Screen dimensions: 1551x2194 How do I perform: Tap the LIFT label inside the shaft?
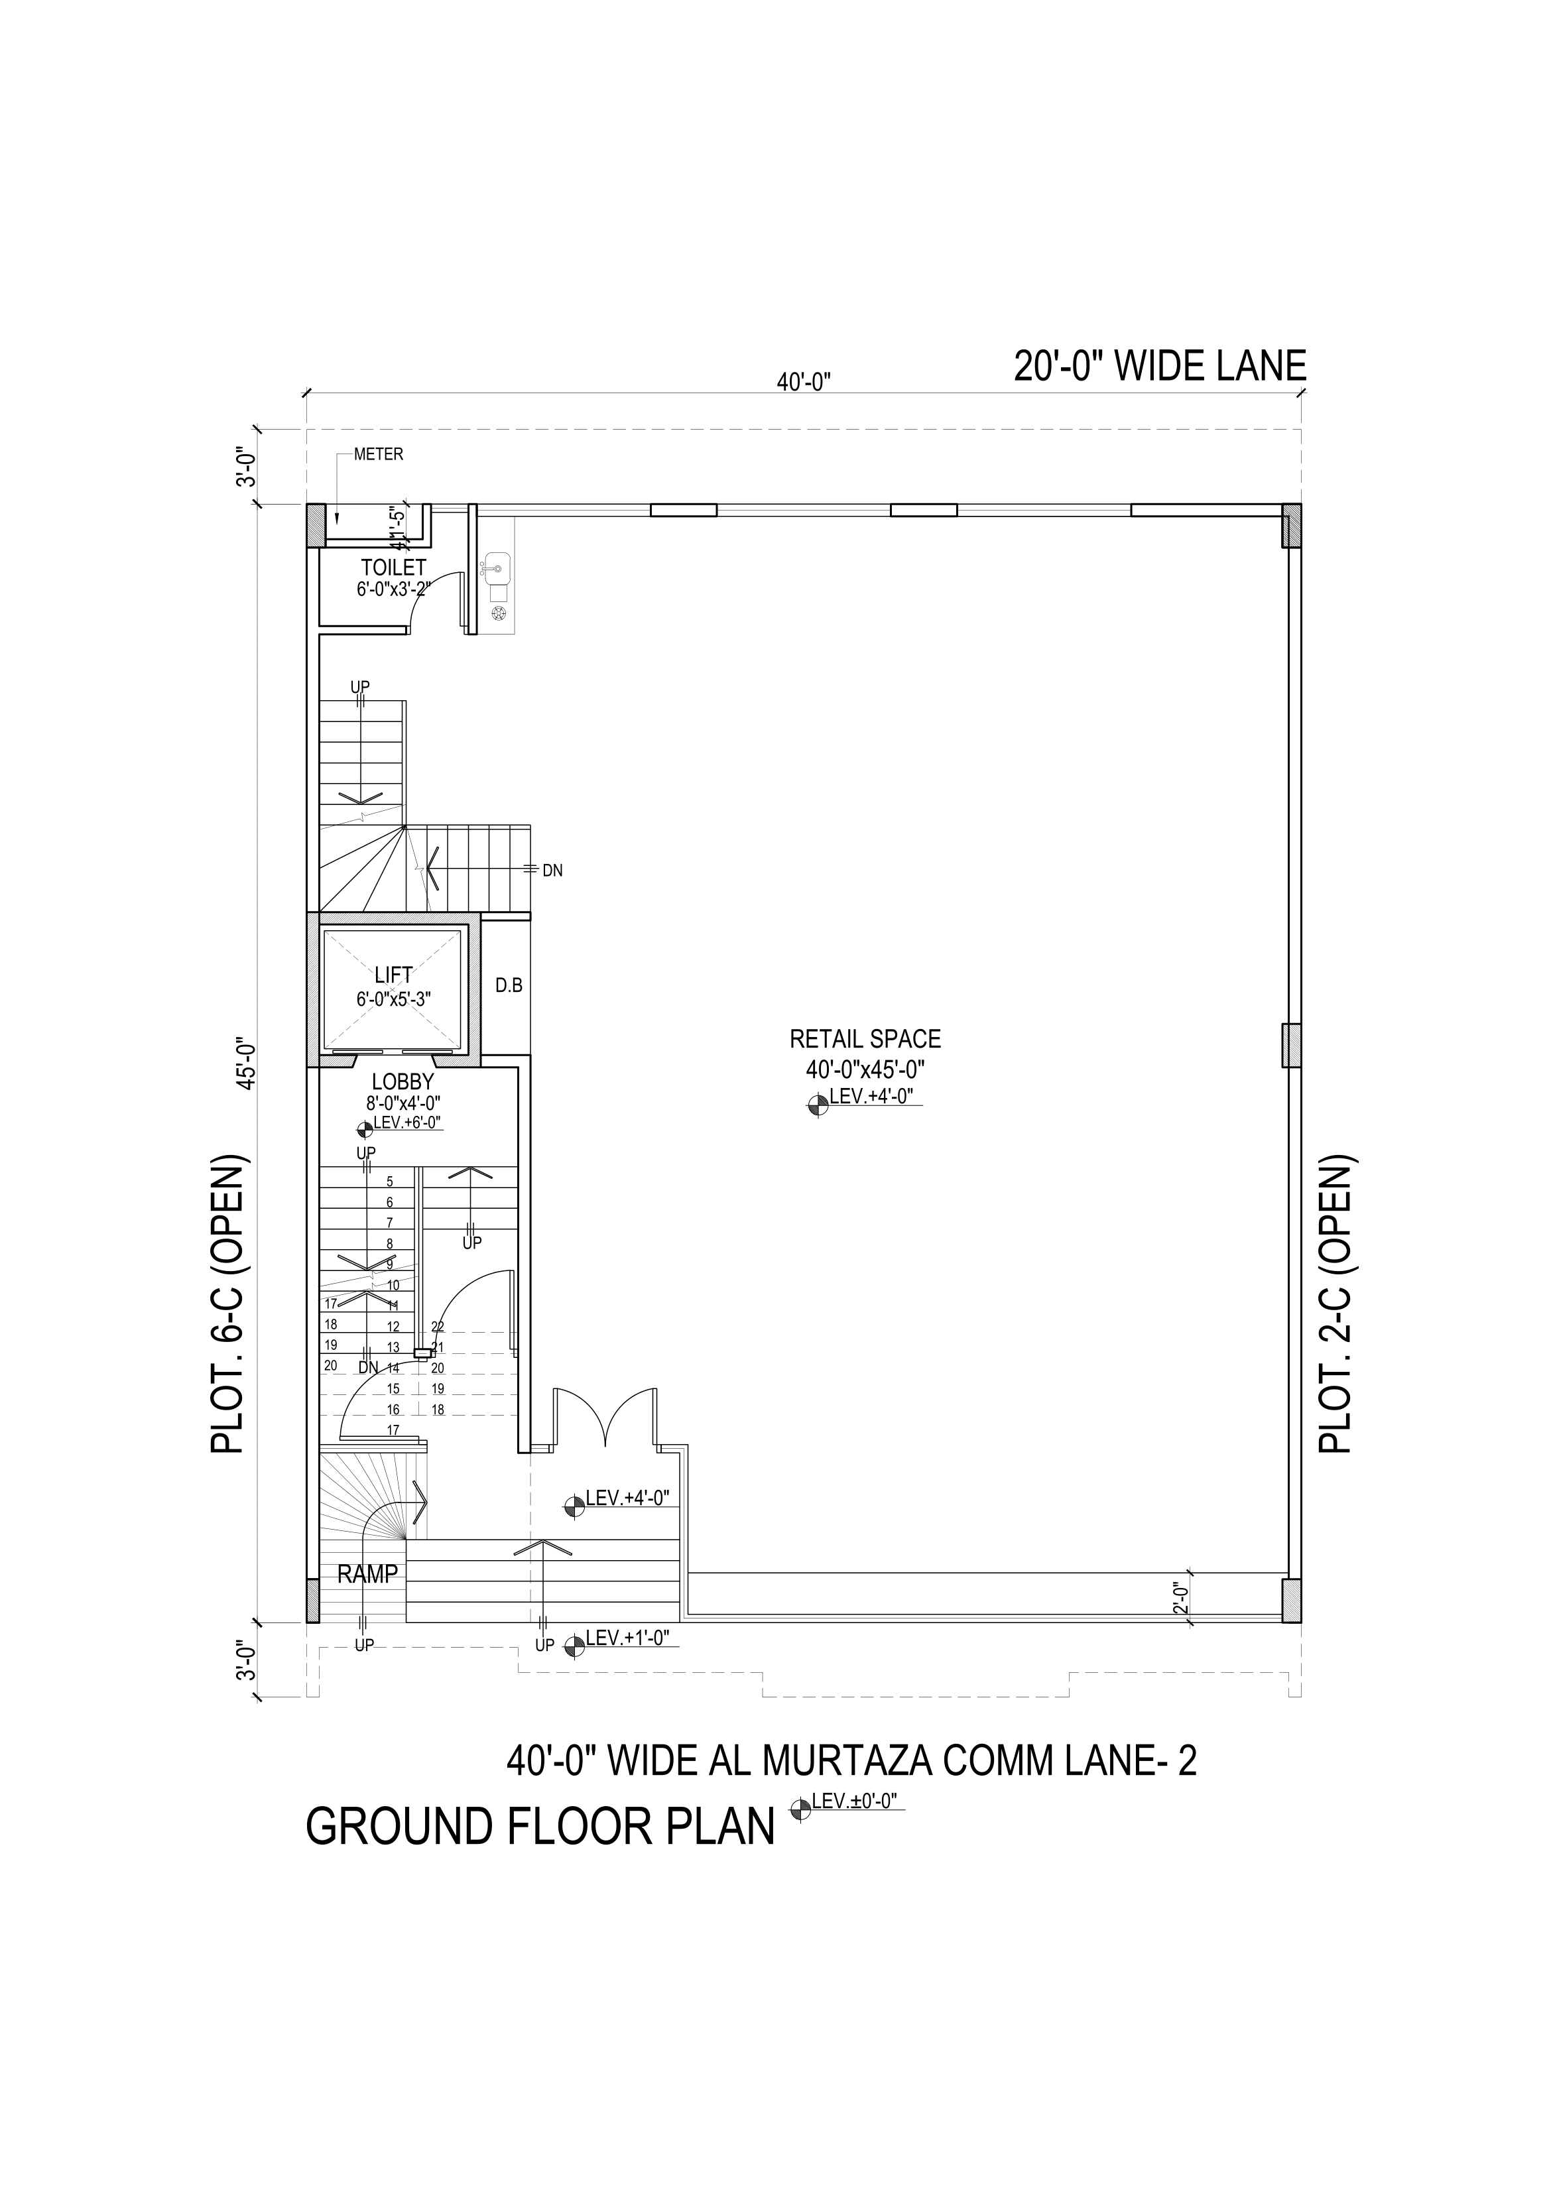[394, 975]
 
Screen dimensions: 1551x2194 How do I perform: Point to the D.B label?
[509, 985]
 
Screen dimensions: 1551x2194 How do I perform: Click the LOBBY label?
[403, 1081]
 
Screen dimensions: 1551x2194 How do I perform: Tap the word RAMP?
[367, 1574]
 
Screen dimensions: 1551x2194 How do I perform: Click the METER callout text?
[379, 455]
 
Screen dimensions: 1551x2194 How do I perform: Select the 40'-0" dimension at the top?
[804, 382]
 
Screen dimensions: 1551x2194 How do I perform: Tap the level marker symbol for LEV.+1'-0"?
[574, 1646]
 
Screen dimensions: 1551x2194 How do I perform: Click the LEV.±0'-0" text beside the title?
[856, 1802]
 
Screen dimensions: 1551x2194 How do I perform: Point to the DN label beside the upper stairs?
[552, 871]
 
